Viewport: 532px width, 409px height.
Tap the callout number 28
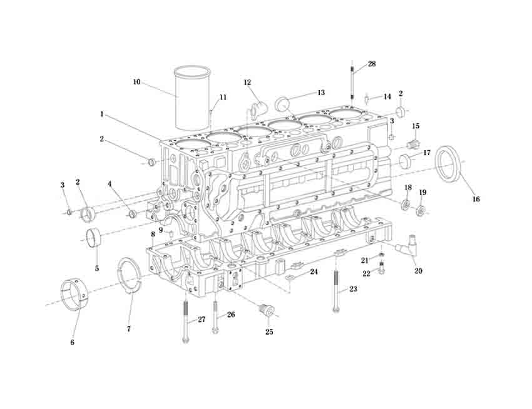[372, 64]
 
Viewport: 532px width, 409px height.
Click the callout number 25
[269, 332]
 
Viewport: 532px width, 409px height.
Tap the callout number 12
[247, 83]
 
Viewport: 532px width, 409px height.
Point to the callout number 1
[101, 114]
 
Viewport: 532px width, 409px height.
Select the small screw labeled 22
[382, 271]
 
